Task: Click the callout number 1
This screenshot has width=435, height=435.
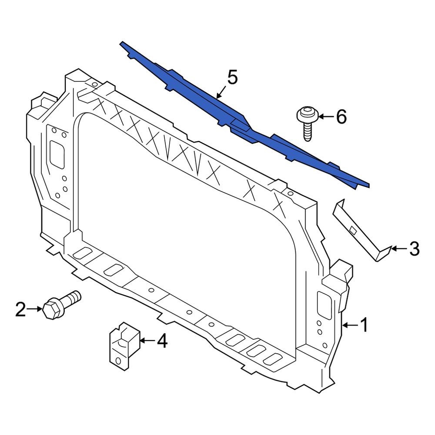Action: point(364,325)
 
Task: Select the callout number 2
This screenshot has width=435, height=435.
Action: point(21,310)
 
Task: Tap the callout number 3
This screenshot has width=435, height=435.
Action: point(414,249)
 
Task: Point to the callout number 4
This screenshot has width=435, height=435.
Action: point(161,341)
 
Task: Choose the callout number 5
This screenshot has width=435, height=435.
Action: point(232,78)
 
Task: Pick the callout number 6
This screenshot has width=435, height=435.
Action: point(341,117)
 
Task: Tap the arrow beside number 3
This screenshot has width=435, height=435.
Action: point(398,249)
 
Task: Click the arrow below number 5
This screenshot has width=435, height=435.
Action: point(220,93)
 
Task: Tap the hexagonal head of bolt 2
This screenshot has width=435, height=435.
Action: point(51,309)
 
